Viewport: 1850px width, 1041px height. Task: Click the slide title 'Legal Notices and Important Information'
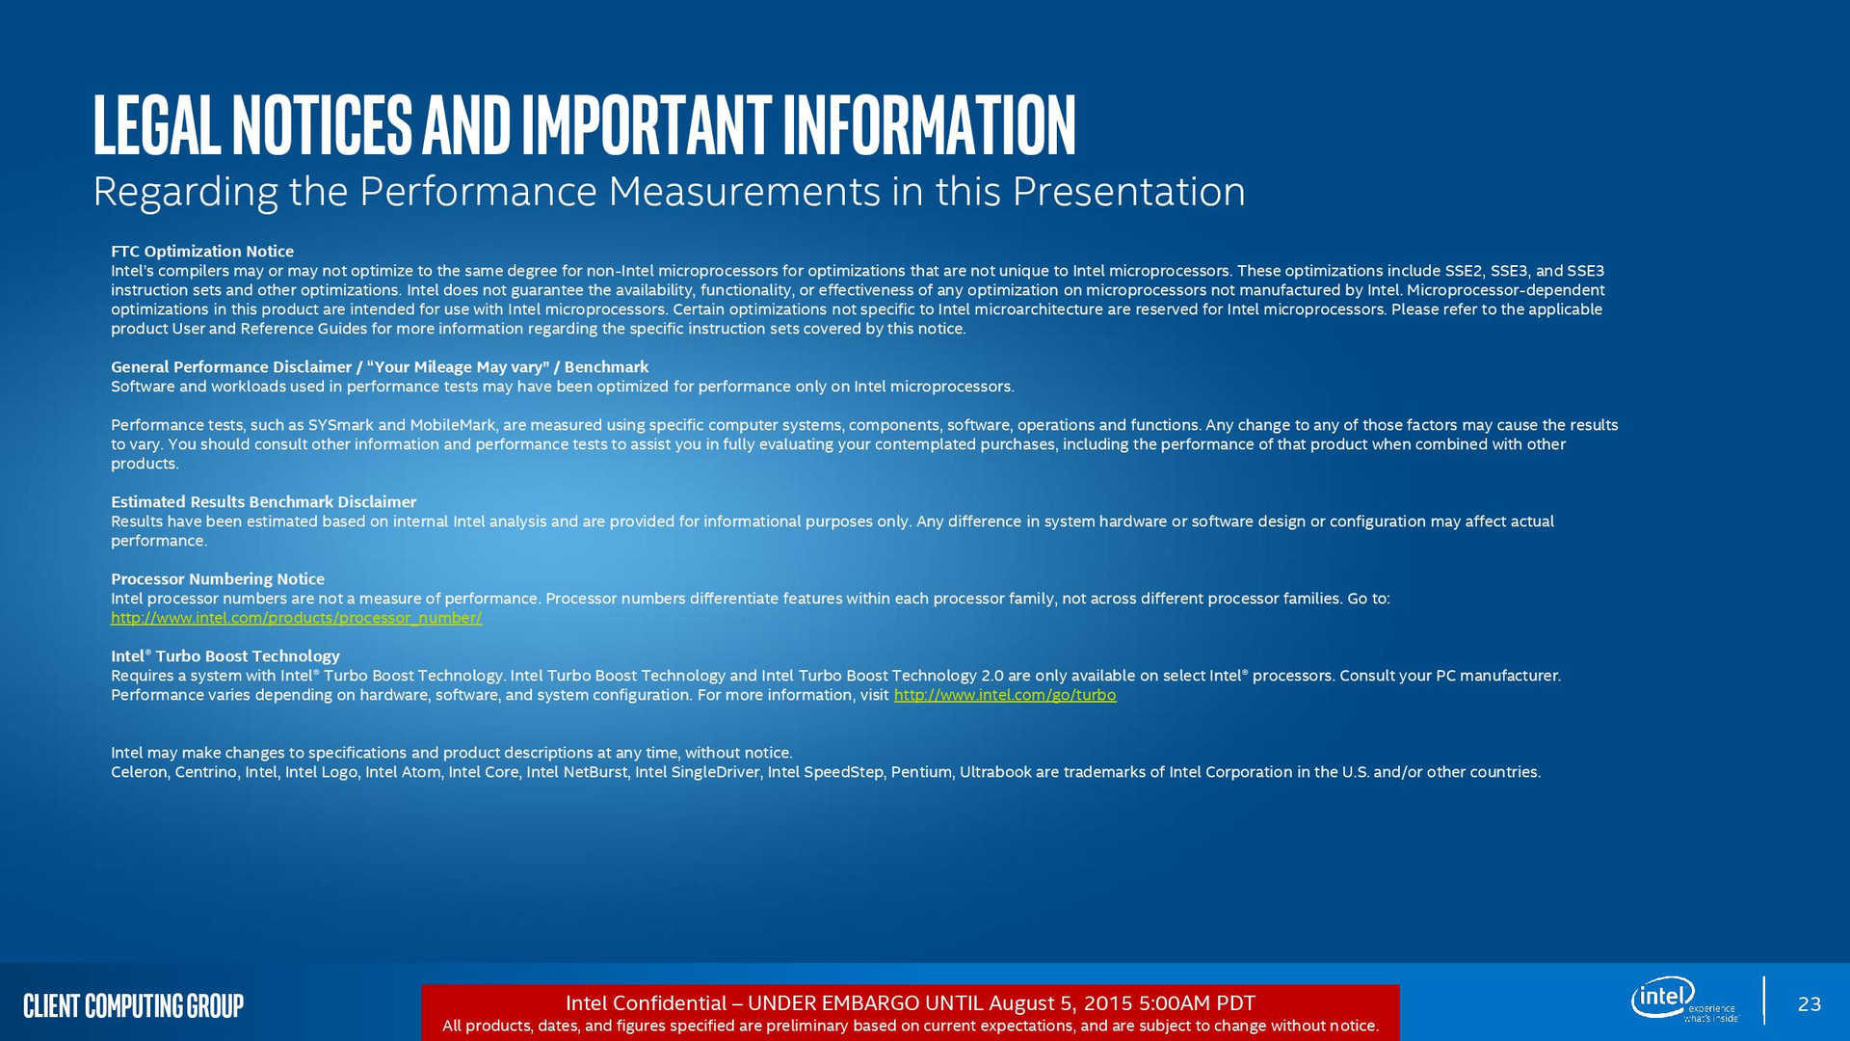click(x=584, y=124)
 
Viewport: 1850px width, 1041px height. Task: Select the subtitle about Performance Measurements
click(x=669, y=191)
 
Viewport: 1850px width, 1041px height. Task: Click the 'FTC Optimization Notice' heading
click(x=202, y=252)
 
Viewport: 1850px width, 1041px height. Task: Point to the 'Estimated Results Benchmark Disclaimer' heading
click(x=263, y=502)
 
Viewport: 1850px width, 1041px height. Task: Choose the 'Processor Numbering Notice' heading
click(x=218, y=579)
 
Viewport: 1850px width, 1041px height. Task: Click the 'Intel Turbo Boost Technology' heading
click(x=225, y=656)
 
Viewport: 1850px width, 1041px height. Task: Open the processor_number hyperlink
click(x=297, y=618)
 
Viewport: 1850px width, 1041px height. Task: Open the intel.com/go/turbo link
click(x=1005, y=695)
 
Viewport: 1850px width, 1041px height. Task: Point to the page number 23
click(x=1810, y=1004)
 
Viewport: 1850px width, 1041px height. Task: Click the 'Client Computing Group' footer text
click(x=133, y=1006)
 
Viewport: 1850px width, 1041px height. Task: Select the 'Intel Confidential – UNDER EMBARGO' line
click(x=910, y=1003)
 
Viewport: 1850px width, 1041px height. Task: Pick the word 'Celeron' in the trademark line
click(x=139, y=772)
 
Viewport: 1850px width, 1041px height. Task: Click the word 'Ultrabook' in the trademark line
click(x=994, y=772)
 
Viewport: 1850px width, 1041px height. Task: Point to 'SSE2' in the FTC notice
click(x=1464, y=271)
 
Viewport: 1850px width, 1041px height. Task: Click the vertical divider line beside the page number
click(x=1764, y=1001)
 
